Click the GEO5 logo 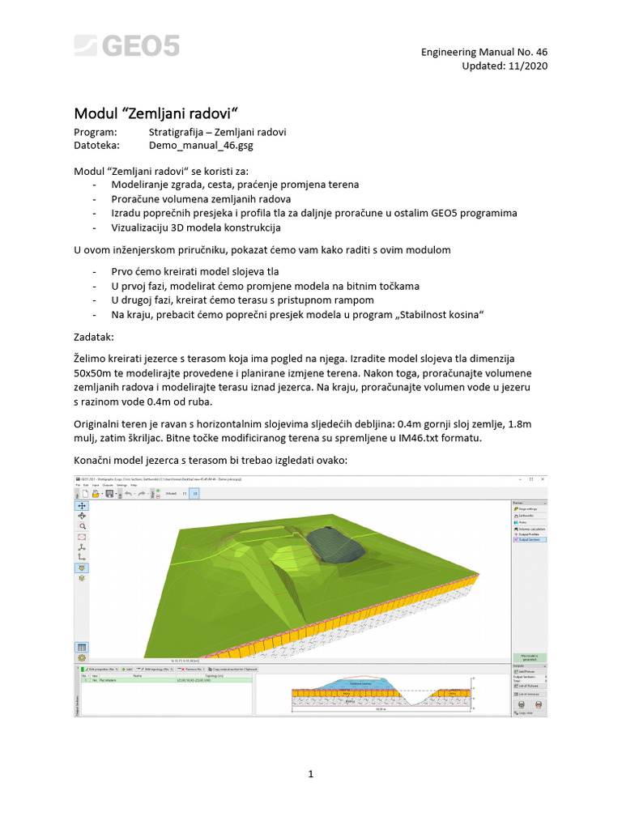click(126, 46)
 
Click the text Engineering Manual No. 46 click(484, 53)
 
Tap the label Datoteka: click(96, 147)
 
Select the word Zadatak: click(94, 335)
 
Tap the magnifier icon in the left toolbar click(82, 525)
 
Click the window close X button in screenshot click(543, 480)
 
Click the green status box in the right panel click(529, 657)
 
